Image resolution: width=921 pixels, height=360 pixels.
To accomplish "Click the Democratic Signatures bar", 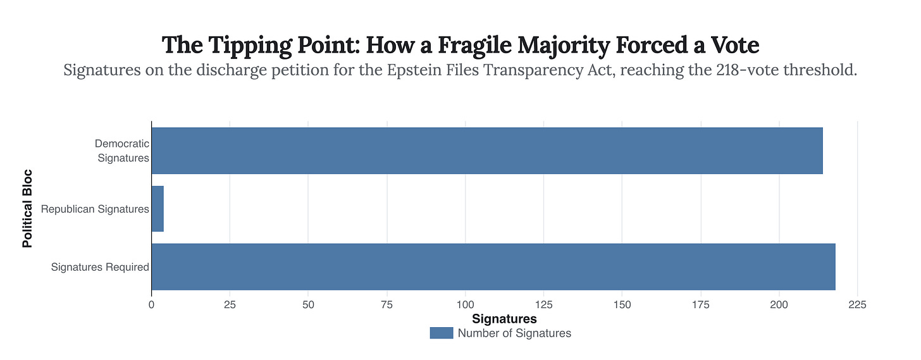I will tap(487, 151).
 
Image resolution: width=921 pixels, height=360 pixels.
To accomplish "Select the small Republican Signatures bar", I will tap(158, 209).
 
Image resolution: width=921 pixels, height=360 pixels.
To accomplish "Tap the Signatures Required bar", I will tap(493, 267).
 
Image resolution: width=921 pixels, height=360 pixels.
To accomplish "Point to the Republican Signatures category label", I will tap(95, 209).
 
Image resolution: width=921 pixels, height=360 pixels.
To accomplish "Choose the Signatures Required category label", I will tap(100, 267).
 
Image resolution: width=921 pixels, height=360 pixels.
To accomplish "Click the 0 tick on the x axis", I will tap(151, 305).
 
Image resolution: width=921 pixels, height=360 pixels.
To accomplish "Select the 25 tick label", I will tap(230, 305).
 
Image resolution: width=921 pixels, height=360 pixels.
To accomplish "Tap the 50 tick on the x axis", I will tap(308, 305).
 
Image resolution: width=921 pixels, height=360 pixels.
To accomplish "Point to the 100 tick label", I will tap(465, 305).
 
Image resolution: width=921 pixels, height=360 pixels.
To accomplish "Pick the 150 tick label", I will tap(622, 305).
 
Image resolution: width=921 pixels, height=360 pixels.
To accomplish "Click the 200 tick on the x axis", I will tap(779, 305).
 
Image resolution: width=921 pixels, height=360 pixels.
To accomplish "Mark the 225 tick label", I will tap(857, 305).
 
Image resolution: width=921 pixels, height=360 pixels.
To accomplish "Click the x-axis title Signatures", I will tap(504, 319).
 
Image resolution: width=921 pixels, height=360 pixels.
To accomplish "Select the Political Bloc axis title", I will tap(28, 208).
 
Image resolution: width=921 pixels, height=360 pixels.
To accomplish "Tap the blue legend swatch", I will tap(441, 333).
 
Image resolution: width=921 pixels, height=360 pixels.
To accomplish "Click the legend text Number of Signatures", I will tap(514, 333).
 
